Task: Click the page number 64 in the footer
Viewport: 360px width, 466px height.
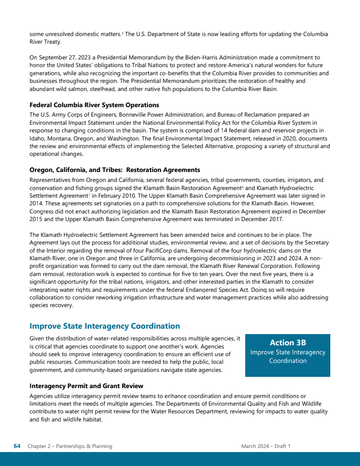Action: coord(17,446)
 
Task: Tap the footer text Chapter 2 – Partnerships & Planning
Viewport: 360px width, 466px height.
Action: coord(70,446)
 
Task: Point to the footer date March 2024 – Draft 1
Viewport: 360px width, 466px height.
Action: coord(265,446)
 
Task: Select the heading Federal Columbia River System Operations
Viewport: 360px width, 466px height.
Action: coord(94,105)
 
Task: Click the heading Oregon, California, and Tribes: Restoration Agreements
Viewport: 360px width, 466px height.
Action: coord(115,170)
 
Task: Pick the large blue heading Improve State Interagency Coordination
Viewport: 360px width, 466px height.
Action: coord(104,326)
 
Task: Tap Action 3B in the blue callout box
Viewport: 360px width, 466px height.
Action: coord(288,343)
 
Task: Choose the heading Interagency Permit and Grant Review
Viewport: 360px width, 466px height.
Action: coord(86,386)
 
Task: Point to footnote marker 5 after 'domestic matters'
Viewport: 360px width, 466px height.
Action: coord(123,33)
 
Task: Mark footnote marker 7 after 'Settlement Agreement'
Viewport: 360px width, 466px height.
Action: coord(89,195)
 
